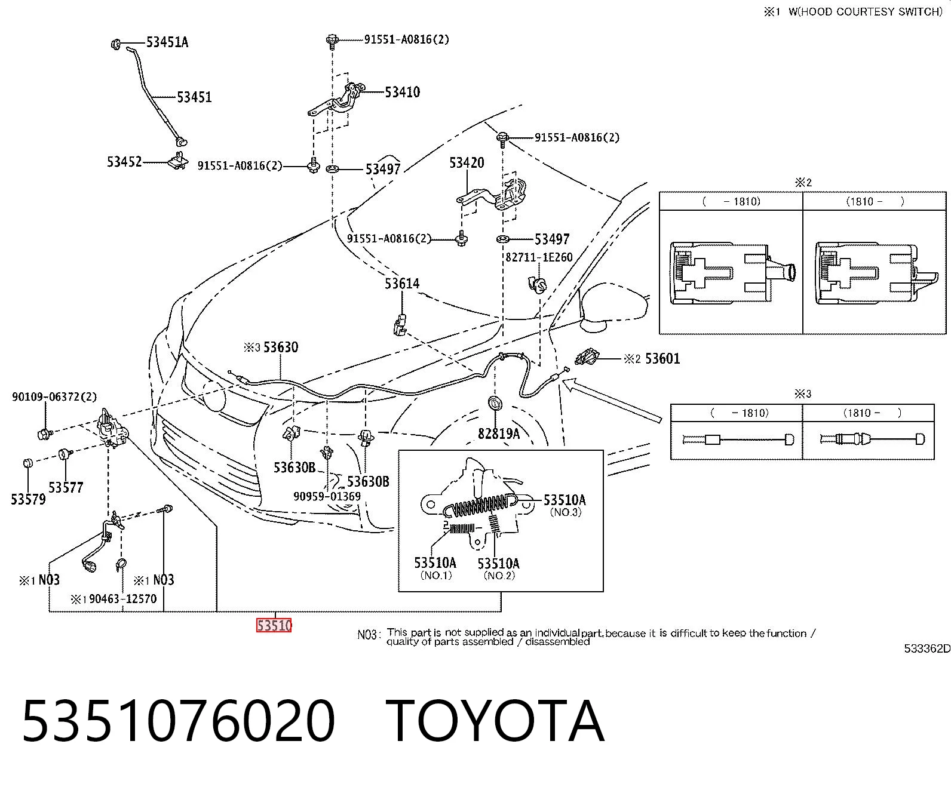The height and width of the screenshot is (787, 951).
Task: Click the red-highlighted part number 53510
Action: pos(274,625)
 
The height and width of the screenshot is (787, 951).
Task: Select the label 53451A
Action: pos(167,42)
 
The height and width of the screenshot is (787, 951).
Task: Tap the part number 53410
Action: pos(403,92)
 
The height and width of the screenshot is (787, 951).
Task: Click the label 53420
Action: pos(467,162)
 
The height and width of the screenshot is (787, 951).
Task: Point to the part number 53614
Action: pos(402,283)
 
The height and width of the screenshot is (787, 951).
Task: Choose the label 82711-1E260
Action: pos(539,257)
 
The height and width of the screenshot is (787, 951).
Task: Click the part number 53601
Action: pos(662,358)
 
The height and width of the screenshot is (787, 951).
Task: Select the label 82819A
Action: pos(499,434)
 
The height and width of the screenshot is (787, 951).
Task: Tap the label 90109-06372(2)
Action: pos(54,396)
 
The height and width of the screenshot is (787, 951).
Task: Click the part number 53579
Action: pos(28,499)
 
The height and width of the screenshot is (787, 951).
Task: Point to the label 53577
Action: pos(66,487)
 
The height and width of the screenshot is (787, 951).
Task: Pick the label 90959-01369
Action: pos(327,496)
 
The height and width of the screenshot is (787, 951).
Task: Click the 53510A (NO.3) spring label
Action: pos(565,505)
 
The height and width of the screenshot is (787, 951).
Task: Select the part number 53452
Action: pos(124,162)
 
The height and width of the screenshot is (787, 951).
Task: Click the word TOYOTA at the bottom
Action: pos(495,721)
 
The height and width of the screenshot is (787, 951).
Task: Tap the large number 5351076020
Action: pos(179,721)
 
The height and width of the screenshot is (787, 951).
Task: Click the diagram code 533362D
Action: pos(927,648)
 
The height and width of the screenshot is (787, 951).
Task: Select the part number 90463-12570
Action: pos(123,598)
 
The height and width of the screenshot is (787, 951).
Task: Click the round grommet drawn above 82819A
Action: pos(495,404)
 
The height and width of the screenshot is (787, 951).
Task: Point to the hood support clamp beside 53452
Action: pos(178,161)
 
